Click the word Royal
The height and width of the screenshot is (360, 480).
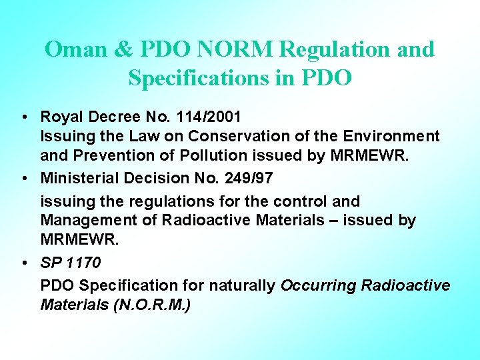[59, 117]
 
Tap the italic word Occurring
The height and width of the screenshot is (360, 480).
[318, 285]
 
